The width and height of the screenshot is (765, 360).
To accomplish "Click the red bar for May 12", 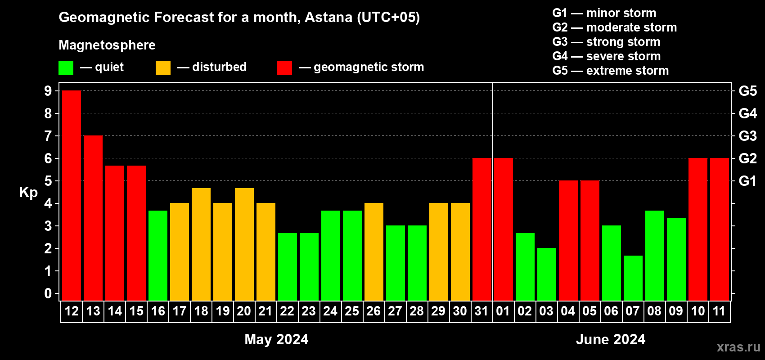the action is [x=72, y=195].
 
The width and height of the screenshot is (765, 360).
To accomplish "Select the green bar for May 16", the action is [x=158, y=256].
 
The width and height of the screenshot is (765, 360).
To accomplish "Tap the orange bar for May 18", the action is [x=201, y=244].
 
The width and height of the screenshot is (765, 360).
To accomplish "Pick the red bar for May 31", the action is [x=482, y=229].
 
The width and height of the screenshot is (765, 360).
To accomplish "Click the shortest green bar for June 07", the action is [x=633, y=278].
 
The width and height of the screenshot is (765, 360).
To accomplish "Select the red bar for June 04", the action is [x=568, y=240].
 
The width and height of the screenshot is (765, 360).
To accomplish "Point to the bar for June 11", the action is [x=720, y=229].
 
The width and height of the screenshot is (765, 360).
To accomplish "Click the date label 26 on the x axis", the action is [x=373, y=311].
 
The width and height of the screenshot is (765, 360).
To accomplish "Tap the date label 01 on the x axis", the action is [x=503, y=311].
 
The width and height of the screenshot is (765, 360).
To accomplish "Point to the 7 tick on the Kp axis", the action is [x=48, y=136].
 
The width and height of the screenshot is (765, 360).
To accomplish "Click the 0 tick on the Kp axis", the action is [x=48, y=293].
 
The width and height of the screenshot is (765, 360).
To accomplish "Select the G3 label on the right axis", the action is [x=747, y=136].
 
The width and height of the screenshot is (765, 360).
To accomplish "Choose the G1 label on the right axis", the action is [x=747, y=181].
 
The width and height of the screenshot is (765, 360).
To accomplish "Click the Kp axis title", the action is [x=28, y=193].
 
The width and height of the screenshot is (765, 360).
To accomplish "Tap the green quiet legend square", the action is [x=66, y=67].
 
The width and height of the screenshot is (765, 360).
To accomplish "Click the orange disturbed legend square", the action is [x=163, y=67].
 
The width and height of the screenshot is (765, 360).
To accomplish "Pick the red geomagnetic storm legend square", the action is [x=284, y=67].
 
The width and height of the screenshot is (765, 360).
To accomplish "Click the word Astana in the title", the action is [x=328, y=17].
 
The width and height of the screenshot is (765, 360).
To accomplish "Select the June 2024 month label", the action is [x=611, y=339].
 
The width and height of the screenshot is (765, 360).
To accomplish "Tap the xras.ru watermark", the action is [x=738, y=347].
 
